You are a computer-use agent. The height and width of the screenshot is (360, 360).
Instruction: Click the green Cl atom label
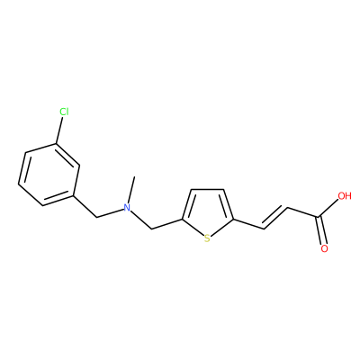(x=64, y=112)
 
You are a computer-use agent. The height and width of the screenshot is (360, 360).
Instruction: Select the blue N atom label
(x=128, y=208)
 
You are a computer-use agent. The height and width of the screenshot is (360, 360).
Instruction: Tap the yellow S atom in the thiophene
(x=207, y=238)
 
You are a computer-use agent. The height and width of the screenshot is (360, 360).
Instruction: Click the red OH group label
(x=345, y=196)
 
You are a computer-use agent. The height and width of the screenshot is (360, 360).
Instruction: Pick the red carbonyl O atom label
(x=324, y=248)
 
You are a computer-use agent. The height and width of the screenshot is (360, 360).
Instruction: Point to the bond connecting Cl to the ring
(x=58, y=130)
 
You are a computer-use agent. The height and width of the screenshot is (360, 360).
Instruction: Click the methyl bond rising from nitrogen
(x=132, y=190)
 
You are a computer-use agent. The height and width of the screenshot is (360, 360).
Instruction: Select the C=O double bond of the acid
(x=320, y=230)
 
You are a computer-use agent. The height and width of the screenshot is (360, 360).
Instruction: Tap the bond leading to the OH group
(x=328, y=209)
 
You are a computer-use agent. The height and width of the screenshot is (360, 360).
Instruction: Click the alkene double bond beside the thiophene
(x=275, y=218)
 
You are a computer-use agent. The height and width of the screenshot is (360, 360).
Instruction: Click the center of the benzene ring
(x=49, y=175)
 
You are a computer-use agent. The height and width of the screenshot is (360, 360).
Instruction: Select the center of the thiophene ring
(x=208, y=211)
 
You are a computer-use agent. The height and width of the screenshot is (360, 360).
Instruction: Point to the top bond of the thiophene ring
(x=208, y=189)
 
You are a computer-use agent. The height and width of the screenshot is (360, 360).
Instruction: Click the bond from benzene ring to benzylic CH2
(x=85, y=206)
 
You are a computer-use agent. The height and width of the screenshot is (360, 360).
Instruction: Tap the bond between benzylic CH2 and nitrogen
(x=111, y=213)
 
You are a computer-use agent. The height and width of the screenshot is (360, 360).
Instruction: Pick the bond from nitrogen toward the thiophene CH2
(x=141, y=220)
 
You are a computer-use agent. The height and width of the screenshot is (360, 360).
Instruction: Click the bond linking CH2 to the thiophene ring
(x=166, y=224)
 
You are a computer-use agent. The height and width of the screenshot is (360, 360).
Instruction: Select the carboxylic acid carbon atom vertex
(x=318, y=217)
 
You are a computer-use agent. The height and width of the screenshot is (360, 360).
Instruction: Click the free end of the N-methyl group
(x=134, y=177)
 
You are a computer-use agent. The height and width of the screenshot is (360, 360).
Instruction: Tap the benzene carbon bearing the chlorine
(x=56, y=144)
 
